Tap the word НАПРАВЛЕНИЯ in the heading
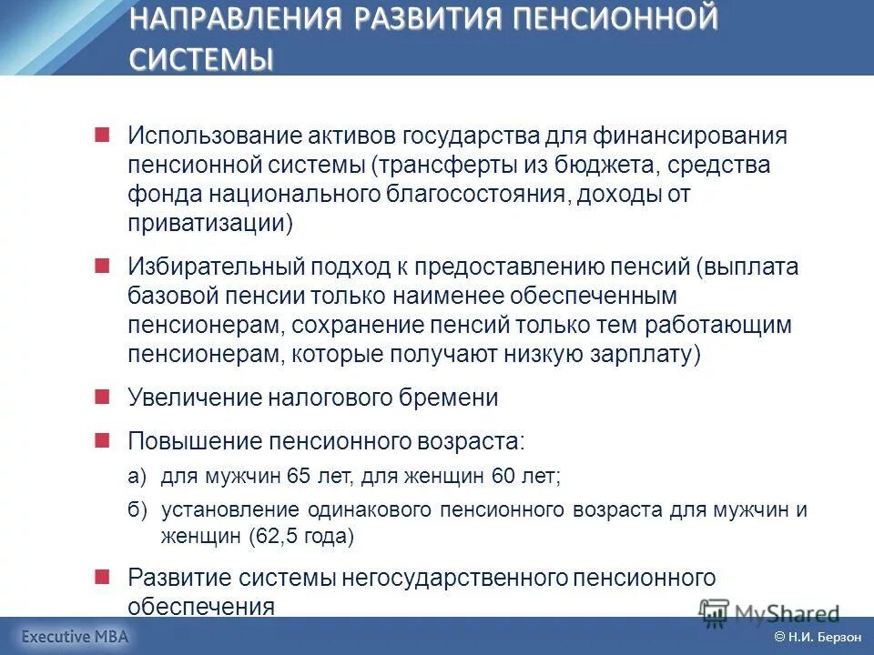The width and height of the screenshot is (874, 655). pyautogui.click(x=238, y=18)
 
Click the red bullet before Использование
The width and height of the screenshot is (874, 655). pyautogui.click(x=102, y=134)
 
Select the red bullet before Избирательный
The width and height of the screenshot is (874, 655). pyautogui.click(x=102, y=265)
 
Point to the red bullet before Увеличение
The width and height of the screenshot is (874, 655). pyautogui.click(x=102, y=396)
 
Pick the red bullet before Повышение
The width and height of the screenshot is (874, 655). pyautogui.click(x=102, y=439)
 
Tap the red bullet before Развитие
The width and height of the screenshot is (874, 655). pyautogui.click(x=102, y=576)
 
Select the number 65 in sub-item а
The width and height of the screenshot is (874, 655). pyautogui.click(x=299, y=476)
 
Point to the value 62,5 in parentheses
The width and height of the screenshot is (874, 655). pyautogui.click(x=275, y=537)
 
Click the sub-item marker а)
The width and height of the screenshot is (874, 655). pyautogui.click(x=137, y=476)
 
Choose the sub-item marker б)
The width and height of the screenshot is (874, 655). pyautogui.click(x=137, y=510)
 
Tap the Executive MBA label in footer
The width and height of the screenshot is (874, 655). pyautogui.click(x=76, y=637)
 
